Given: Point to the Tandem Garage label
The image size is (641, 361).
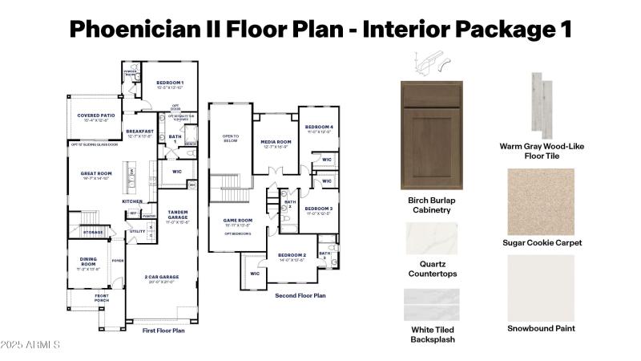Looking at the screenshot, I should (178, 215).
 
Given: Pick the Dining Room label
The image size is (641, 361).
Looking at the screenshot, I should (88, 262).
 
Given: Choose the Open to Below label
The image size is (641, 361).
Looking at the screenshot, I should (230, 138).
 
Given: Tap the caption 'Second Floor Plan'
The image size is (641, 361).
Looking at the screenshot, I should (300, 295).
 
